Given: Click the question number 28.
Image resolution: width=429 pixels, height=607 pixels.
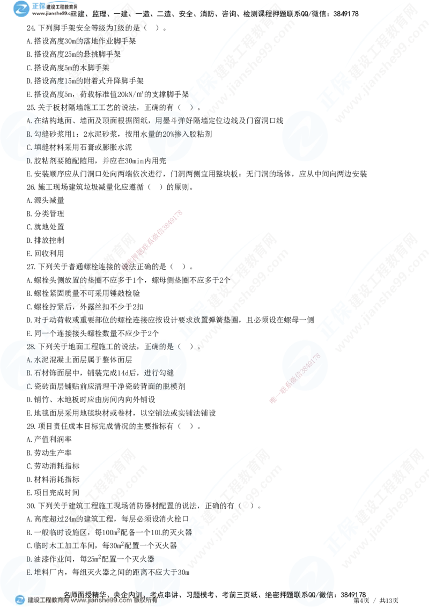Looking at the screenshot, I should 31,347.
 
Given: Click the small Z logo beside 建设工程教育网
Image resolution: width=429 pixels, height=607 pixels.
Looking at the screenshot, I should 20,600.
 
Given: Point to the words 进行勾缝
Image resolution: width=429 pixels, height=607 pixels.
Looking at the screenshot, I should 156,373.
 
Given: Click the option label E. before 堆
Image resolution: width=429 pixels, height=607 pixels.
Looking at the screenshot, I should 29,572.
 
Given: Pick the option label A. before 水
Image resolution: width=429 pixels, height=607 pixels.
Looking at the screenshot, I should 29,360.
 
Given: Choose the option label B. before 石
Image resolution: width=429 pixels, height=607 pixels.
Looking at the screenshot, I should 29,373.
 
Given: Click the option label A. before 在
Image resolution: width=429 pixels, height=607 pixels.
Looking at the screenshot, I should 29,120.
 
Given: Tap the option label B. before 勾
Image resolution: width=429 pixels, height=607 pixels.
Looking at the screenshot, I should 29,133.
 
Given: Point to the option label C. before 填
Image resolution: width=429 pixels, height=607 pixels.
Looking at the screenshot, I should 29,146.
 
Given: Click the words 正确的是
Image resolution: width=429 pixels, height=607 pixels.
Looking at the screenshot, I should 156,347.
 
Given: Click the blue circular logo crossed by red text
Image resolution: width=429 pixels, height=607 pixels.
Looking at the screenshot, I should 304,368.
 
